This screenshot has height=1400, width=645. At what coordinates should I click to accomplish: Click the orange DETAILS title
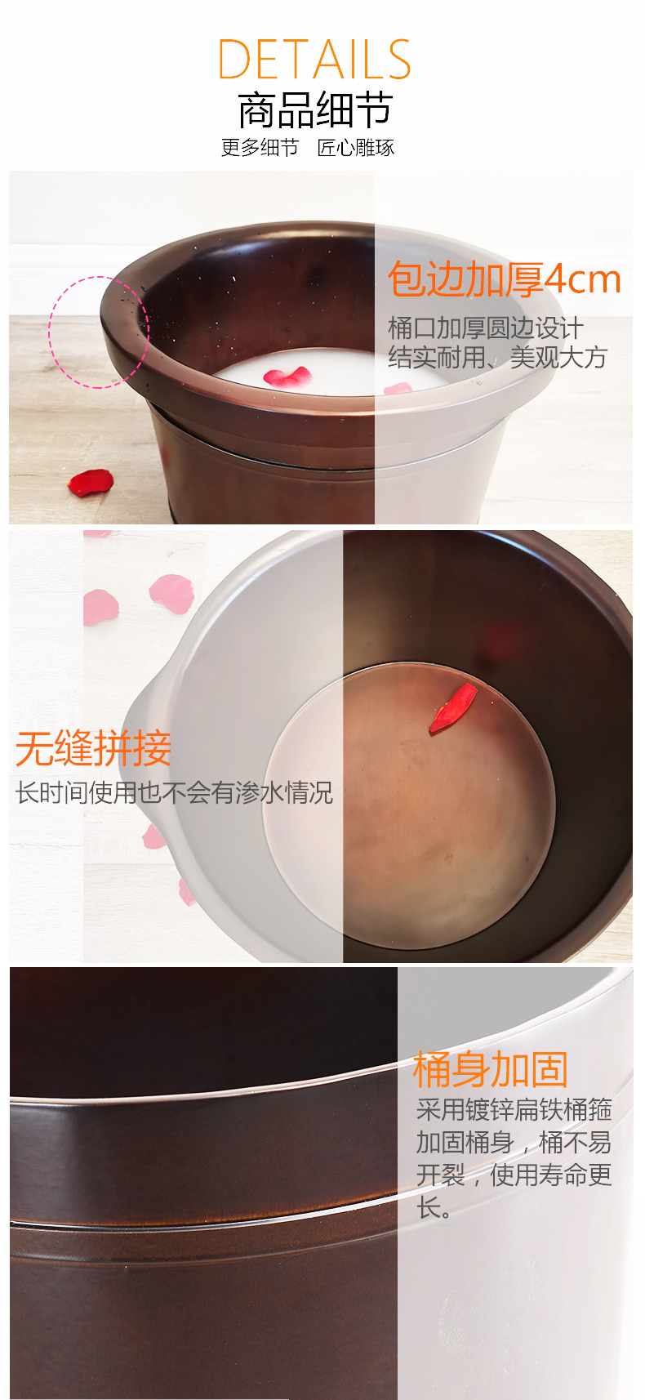[314, 59]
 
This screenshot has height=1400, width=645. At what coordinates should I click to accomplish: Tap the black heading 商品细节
[315, 110]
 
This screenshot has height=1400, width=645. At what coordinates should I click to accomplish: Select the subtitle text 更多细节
[260, 148]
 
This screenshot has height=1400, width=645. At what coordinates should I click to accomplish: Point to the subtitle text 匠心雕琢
[356, 148]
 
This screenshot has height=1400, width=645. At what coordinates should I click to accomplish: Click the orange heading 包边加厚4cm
[504, 279]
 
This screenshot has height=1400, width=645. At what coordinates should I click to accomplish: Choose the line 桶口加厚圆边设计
[486, 328]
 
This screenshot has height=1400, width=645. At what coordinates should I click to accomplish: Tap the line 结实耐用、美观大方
[497, 357]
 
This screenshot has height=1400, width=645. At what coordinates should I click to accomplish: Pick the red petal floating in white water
[287, 376]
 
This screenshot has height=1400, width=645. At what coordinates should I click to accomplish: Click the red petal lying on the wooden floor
[91, 483]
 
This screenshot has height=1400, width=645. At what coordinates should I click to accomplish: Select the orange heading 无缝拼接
[93, 748]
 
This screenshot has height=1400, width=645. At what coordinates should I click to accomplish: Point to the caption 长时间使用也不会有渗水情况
[175, 792]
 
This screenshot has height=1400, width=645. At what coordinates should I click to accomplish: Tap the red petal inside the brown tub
[453, 707]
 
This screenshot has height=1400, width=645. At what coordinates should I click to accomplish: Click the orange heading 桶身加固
[490, 1069]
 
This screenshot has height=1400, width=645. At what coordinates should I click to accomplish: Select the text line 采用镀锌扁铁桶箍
[514, 1109]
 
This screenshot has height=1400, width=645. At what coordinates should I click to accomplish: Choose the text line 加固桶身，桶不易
[514, 1142]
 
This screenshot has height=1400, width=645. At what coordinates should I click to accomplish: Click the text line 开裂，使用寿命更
[514, 1175]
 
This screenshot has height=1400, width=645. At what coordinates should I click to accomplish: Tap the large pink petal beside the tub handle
[171, 593]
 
